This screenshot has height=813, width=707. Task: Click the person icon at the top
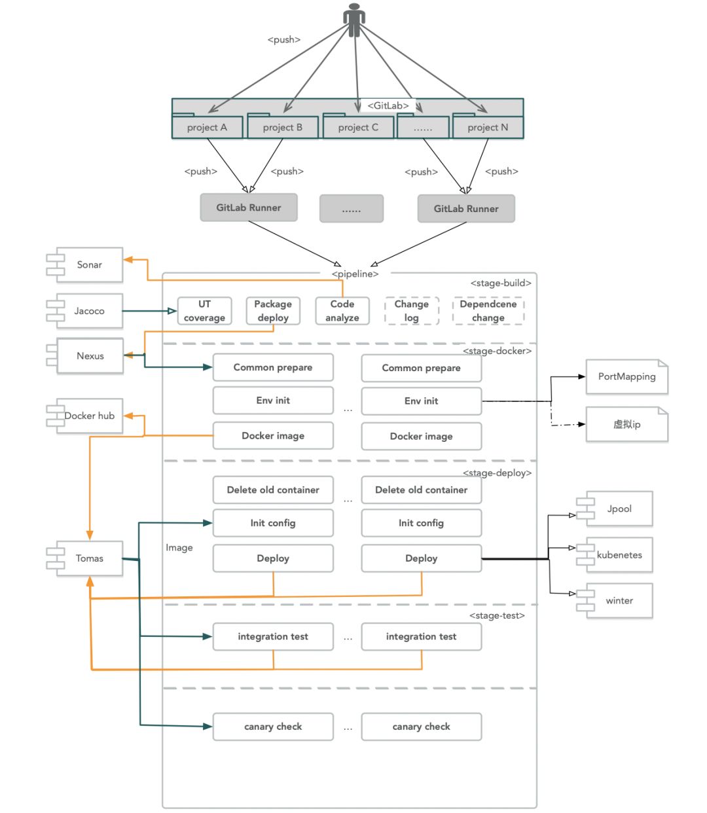(x=354, y=20)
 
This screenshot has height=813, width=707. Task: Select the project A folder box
(x=208, y=128)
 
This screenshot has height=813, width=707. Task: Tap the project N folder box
(x=488, y=128)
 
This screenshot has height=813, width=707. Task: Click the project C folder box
(x=358, y=128)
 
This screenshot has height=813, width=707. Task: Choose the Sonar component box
(x=90, y=265)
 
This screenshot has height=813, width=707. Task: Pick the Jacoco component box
(x=90, y=311)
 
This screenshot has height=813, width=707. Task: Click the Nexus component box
(x=90, y=356)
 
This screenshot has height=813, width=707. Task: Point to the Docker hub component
(x=90, y=416)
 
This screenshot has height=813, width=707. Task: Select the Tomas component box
(x=90, y=558)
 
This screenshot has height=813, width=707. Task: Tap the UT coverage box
(x=205, y=311)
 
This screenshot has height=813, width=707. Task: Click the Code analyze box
(x=342, y=311)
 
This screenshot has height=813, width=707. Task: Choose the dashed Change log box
(x=412, y=311)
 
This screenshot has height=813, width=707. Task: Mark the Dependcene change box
(x=488, y=311)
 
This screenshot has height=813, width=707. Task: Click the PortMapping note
(x=626, y=376)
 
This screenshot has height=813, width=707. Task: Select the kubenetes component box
(x=619, y=555)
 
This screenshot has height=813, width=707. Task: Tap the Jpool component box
(x=619, y=509)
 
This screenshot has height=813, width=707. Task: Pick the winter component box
(x=619, y=601)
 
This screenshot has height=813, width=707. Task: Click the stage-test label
(x=497, y=615)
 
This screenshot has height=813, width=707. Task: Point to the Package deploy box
(x=273, y=311)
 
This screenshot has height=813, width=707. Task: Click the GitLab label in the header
(x=388, y=105)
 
